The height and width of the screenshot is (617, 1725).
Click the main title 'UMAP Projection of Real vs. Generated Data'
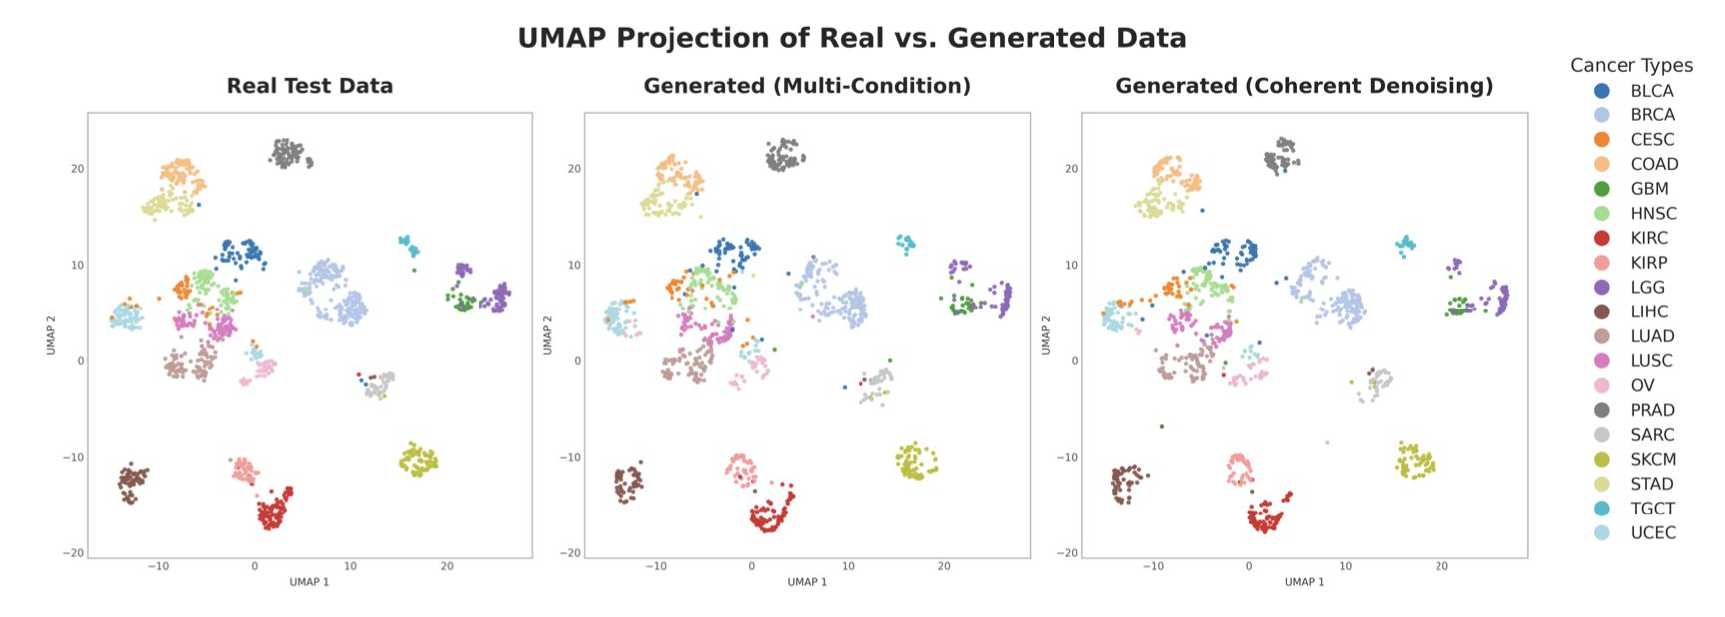tap(852, 38)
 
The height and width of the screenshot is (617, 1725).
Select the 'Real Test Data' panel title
tap(309, 86)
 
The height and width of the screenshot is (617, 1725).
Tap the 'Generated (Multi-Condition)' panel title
tap(807, 86)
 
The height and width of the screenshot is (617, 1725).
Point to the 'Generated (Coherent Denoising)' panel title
tap(1304, 86)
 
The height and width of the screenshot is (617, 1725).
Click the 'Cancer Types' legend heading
tap(1630, 65)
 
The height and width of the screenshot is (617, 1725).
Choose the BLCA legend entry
tap(1651, 91)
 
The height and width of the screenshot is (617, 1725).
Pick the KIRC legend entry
tap(1648, 238)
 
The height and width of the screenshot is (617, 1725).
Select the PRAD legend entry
tap(1652, 410)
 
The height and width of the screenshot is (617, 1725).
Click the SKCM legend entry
tap(1652, 459)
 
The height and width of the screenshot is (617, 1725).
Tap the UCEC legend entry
tap(1652, 532)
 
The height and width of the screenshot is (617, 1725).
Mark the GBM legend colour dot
tap(1602, 189)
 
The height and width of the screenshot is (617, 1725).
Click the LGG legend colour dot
tap(1602, 287)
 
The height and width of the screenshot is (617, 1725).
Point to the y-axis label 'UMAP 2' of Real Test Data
tap(51, 335)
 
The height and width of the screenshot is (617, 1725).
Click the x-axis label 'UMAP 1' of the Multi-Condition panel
tap(807, 582)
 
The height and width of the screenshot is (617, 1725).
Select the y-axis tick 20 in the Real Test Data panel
tap(77, 169)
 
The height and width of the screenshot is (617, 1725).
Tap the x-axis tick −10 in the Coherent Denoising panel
tap(1152, 566)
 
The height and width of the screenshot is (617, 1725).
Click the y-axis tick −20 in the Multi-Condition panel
tap(571, 553)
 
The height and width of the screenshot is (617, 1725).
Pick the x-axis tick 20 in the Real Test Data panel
tap(447, 566)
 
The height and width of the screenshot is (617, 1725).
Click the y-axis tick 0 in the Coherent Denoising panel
tap(1074, 361)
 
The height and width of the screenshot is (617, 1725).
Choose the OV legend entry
tap(1642, 385)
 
